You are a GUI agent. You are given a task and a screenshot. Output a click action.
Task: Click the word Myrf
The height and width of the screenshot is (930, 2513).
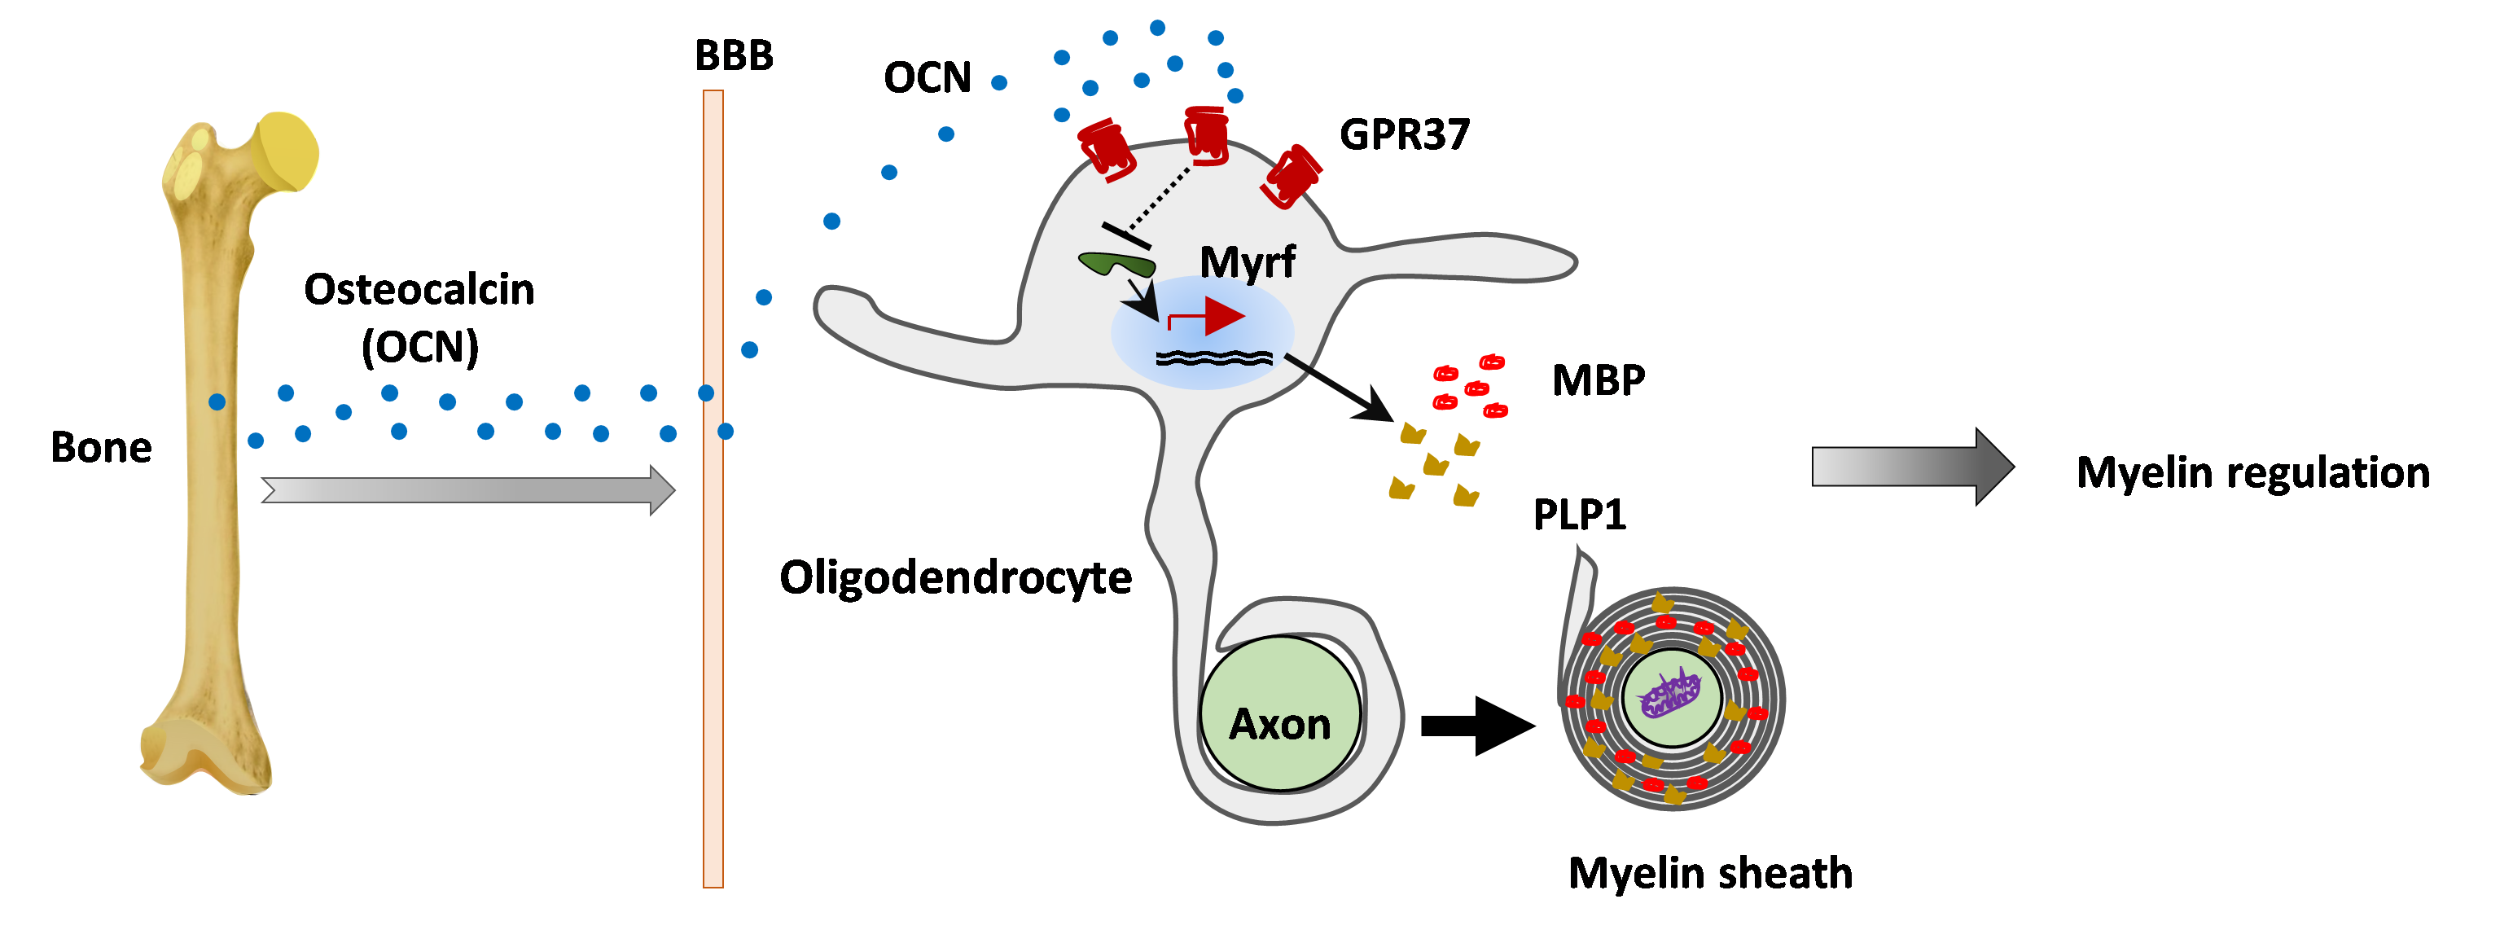[1247, 261]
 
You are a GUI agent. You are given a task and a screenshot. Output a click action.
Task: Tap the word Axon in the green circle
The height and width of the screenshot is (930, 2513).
[1280, 724]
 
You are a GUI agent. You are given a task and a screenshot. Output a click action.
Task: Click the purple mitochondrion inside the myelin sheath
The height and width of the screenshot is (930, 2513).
[1670, 694]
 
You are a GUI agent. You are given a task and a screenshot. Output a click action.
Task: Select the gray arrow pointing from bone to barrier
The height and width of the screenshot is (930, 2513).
[468, 489]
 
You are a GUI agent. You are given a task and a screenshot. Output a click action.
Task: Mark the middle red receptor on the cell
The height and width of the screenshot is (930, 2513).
[1206, 137]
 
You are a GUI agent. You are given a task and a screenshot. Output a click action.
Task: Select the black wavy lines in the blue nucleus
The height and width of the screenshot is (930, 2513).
[1213, 358]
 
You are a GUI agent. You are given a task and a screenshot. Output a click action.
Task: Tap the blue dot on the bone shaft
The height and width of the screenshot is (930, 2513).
[217, 402]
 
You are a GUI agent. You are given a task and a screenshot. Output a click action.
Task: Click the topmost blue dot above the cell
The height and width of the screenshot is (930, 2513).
[1157, 28]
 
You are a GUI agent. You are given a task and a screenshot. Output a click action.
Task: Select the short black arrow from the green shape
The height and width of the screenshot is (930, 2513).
[1142, 301]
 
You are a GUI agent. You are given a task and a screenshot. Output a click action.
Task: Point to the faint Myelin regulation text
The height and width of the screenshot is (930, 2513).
[2253, 473]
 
